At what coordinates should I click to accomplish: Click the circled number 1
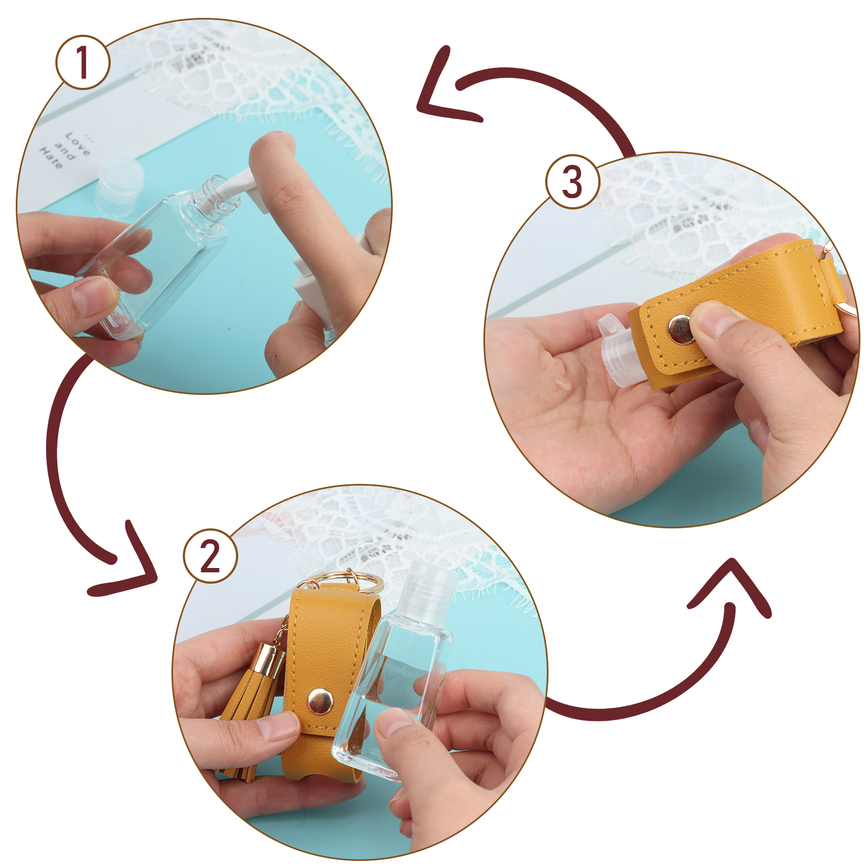tap(83, 62)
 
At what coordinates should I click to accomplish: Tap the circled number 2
tap(210, 556)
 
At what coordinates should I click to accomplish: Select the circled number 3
tap(573, 181)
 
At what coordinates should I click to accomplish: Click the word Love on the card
tap(78, 143)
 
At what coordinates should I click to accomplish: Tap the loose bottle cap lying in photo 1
tap(120, 186)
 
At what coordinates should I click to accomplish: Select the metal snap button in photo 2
tap(320, 701)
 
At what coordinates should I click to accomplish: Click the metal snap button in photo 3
tap(681, 329)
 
